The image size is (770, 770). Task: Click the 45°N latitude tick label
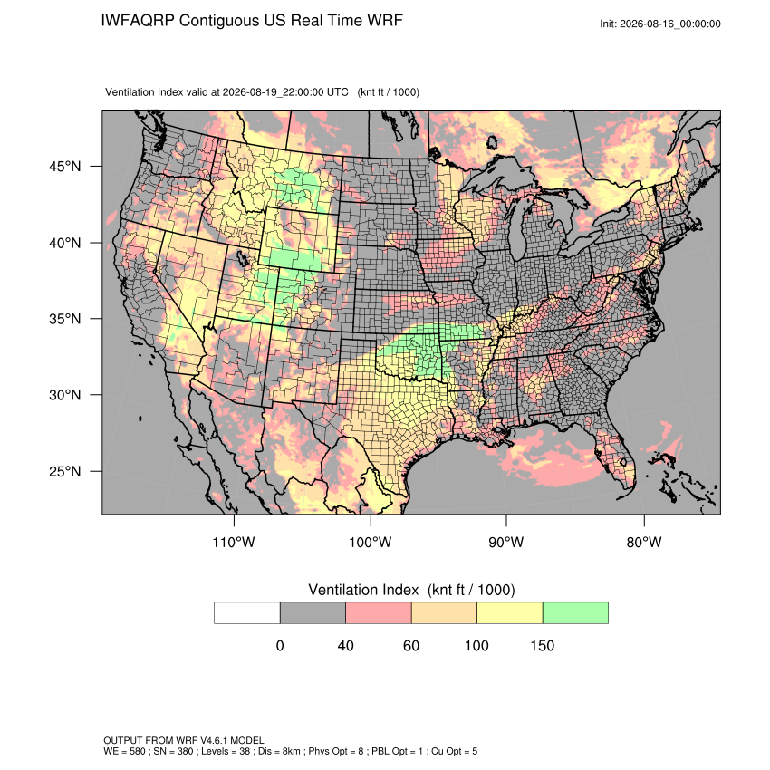(x=64, y=167)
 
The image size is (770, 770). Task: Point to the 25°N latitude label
(x=64, y=471)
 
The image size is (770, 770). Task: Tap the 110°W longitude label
(x=234, y=542)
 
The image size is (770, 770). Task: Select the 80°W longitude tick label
(x=644, y=542)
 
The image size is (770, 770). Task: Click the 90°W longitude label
(x=505, y=542)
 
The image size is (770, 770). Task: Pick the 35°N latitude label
(x=64, y=319)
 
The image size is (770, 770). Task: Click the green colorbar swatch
(x=575, y=613)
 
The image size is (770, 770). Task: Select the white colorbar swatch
(x=247, y=613)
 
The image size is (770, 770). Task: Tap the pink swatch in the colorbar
(x=379, y=613)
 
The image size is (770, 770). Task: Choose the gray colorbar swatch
(x=313, y=613)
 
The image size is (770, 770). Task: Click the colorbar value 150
(x=542, y=645)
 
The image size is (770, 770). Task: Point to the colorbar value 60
(x=411, y=645)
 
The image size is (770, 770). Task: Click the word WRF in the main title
(x=386, y=21)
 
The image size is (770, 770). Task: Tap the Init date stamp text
(x=660, y=24)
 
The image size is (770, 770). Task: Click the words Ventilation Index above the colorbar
(x=363, y=590)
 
